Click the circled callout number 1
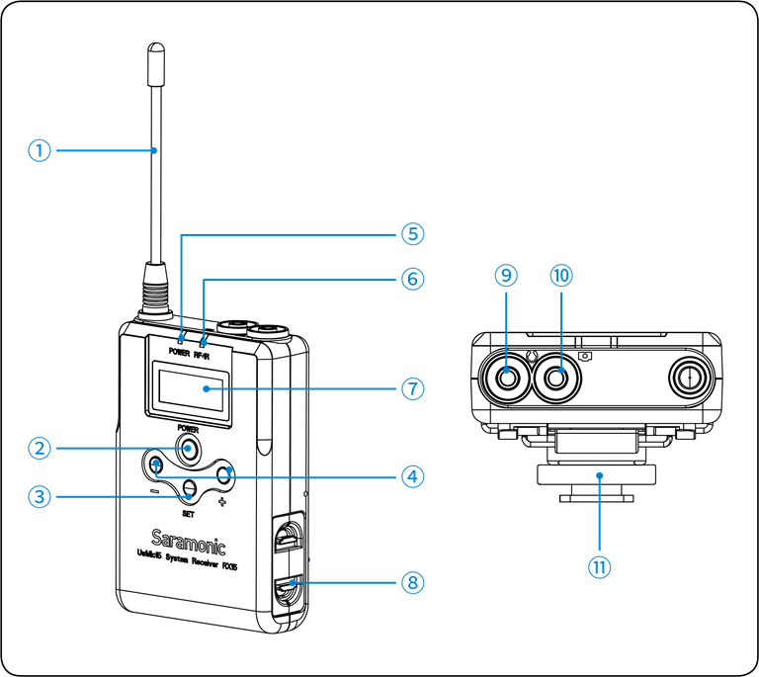pos(39,150)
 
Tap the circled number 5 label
pos(412,234)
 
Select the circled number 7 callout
pos(412,388)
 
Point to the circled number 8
pos(412,582)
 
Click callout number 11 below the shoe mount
pos(599,566)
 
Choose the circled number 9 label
pos(505,276)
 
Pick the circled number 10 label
pos(561,276)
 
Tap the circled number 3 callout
pos(39,496)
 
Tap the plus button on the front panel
pos(225,475)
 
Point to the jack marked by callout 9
pos(507,376)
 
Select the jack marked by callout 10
pos(560,376)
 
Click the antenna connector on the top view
pos(689,376)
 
